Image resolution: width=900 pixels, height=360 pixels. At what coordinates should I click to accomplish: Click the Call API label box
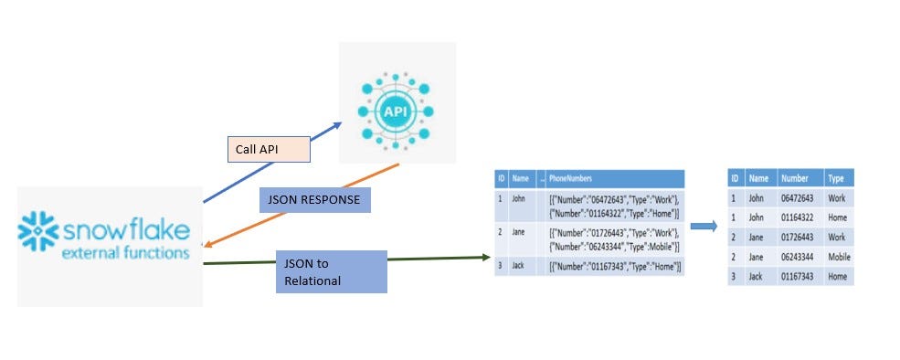pos(268,149)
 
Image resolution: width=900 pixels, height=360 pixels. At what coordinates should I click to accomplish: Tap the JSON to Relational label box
pos(333,271)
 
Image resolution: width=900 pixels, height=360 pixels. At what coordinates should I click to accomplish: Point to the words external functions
pos(125,252)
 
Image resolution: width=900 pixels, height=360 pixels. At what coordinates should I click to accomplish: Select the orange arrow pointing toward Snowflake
pos(302,206)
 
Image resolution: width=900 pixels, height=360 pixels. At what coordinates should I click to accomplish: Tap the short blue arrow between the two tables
pos(703,225)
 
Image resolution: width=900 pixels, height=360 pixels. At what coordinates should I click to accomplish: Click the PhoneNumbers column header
pos(576,179)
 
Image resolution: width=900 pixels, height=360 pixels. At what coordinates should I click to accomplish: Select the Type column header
pos(835,179)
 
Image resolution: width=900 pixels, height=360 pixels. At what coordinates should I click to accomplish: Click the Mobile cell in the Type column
pos(839,257)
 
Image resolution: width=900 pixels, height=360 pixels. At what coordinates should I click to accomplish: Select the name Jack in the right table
pos(756,276)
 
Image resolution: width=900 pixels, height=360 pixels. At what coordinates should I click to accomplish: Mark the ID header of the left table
pos(501,179)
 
